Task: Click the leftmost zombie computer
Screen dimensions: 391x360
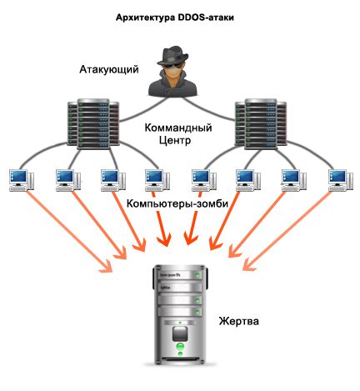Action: pos(20,181)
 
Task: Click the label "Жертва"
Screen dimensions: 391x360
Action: pos(239,319)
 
